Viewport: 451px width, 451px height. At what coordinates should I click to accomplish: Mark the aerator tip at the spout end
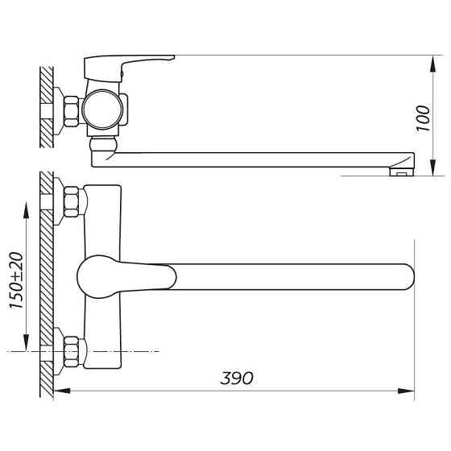[x=400, y=170]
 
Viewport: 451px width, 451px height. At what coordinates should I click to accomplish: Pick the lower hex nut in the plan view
[x=71, y=351]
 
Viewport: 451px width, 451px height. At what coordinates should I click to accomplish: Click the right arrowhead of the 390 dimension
[x=408, y=392]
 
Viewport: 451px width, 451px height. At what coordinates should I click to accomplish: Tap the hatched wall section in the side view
[x=47, y=106]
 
